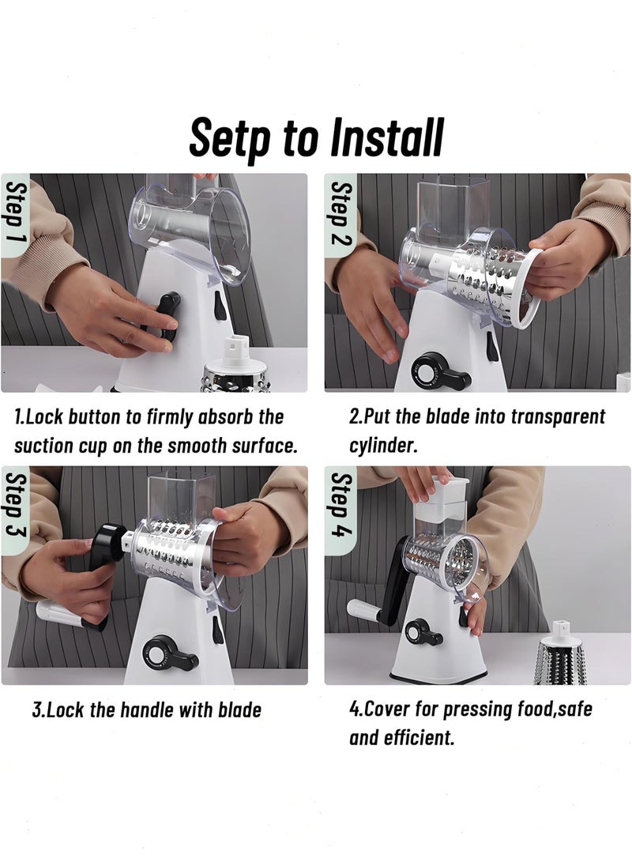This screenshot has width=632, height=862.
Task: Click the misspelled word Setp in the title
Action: (x=230, y=137)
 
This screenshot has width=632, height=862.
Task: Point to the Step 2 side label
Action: (x=340, y=213)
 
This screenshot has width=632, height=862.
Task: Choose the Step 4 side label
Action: (x=340, y=506)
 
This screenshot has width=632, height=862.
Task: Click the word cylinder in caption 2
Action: (x=382, y=446)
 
